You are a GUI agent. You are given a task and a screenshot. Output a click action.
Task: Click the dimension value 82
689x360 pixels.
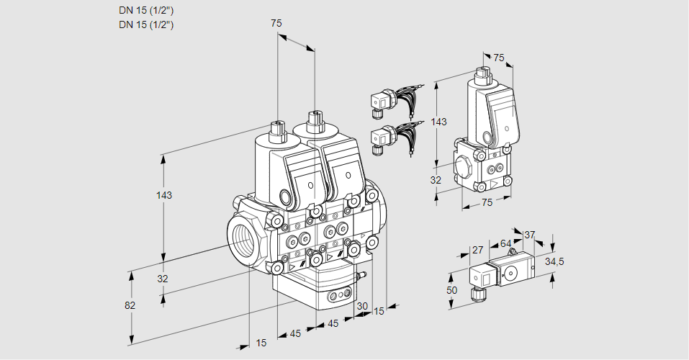tap(130, 305)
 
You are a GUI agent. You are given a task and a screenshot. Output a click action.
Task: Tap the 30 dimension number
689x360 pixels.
tap(362, 306)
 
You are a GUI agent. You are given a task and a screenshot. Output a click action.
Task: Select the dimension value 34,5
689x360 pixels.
tap(555, 261)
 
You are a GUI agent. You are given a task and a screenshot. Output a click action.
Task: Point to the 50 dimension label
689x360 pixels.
tap(451, 289)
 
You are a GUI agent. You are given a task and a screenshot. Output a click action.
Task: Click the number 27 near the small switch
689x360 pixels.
tap(477, 251)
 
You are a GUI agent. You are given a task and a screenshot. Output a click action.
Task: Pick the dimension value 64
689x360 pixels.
tap(505, 243)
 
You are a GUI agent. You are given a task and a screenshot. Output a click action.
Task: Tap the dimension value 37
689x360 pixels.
tap(529, 235)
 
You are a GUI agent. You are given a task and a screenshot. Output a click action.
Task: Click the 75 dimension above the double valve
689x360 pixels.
tap(276, 23)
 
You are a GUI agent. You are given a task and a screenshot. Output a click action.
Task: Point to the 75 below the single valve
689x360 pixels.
tap(487, 203)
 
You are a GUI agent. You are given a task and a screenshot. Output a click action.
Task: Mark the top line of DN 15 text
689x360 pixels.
tap(147, 10)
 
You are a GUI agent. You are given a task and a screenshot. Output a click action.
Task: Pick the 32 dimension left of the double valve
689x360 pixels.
tap(162, 279)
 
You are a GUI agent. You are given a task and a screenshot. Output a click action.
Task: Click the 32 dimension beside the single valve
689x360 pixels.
tap(435, 180)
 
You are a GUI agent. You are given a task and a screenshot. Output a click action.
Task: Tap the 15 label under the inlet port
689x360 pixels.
tap(261, 343)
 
